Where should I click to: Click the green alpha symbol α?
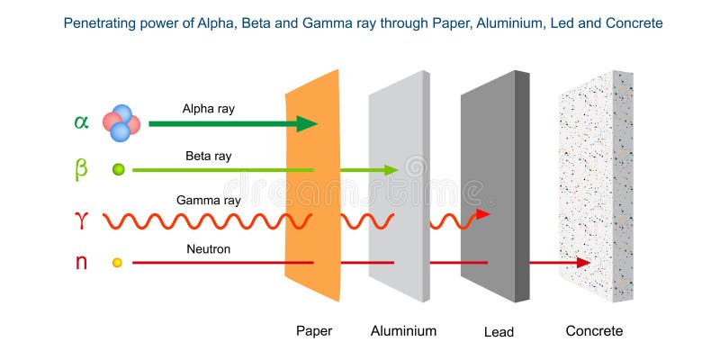[81, 122]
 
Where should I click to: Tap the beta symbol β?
[81, 170]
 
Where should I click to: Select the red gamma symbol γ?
[81, 220]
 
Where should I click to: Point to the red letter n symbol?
[81, 262]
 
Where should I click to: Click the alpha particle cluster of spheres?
[121, 123]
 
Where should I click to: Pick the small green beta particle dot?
[119, 170]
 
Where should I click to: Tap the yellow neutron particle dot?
[118, 263]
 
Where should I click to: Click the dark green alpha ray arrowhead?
[307, 123]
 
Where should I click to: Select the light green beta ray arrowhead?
[391, 170]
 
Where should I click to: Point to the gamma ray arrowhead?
[483, 214]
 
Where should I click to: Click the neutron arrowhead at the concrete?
[583, 263]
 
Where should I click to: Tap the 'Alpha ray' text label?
[209, 109]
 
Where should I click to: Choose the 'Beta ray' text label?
[209, 156]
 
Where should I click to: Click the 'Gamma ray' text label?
[209, 201]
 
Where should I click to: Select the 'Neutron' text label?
[209, 249]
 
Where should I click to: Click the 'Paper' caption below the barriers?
[314, 330]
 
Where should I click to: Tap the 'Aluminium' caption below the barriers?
[403, 330]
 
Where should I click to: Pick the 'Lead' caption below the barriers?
[499, 331]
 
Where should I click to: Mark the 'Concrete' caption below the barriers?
[594, 330]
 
